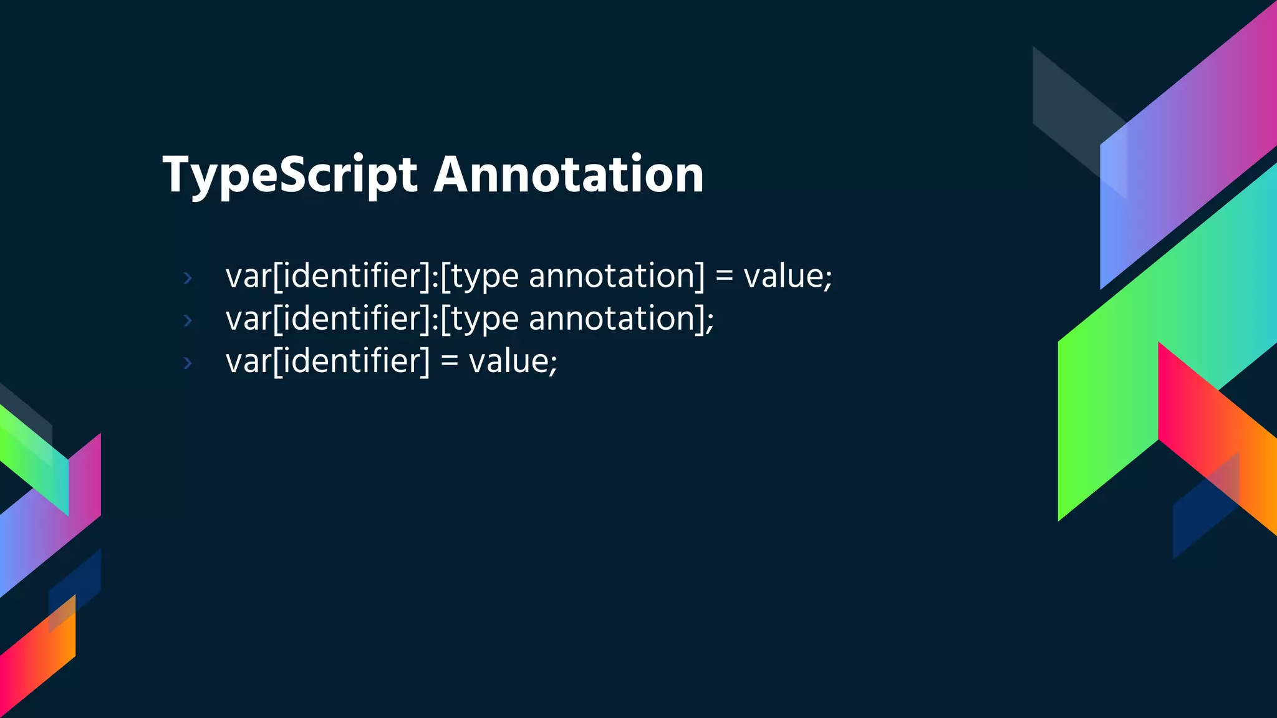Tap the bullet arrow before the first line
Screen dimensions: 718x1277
coord(188,278)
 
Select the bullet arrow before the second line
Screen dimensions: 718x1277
coord(188,320)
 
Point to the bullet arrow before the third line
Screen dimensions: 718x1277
coord(188,363)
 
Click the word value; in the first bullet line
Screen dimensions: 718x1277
coord(788,276)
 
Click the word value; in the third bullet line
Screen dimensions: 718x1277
coord(513,361)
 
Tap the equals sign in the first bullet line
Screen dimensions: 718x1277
coord(724,276)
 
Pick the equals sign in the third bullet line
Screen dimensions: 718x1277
coord(450,361)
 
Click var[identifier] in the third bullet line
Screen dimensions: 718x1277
coord(328,361)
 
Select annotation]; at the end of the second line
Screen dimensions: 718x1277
coord(621,319)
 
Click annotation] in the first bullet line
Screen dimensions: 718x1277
coord(617,276)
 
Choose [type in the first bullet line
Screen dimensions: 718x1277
coord(479,276)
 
